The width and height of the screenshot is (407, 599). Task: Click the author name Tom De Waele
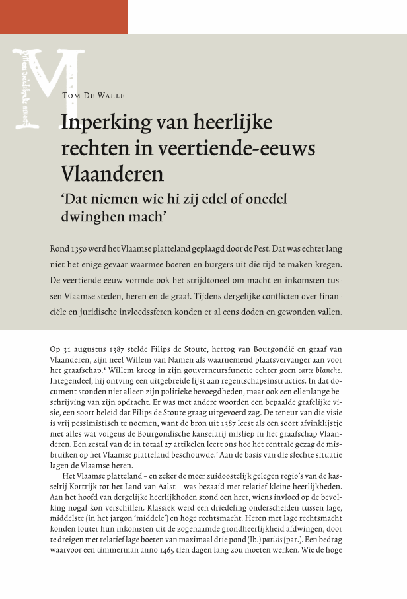coord(93,96)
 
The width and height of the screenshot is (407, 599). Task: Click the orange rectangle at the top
coord(63,17)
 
